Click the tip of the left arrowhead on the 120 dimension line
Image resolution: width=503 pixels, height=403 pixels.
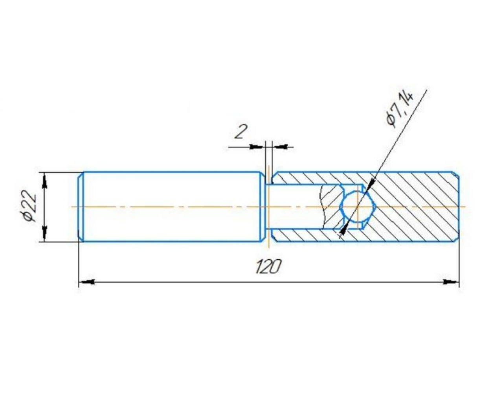79,283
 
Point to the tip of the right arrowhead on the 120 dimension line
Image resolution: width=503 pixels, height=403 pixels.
459,283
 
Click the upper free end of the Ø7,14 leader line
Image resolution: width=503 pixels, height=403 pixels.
427,90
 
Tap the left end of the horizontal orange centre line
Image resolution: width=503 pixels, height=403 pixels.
72,207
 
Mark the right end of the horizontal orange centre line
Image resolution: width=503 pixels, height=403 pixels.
466,207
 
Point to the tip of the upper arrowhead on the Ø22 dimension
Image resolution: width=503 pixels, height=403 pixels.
45,173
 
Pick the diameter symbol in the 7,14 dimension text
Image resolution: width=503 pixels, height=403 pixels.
391,120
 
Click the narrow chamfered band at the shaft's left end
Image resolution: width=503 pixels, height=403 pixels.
81,207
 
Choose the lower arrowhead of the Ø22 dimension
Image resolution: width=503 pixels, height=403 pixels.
45,233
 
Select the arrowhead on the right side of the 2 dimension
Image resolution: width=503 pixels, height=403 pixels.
280,147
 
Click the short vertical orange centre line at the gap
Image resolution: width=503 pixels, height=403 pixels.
269,207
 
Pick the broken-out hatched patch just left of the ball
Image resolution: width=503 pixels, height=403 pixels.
332,207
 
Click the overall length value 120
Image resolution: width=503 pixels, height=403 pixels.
268,267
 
